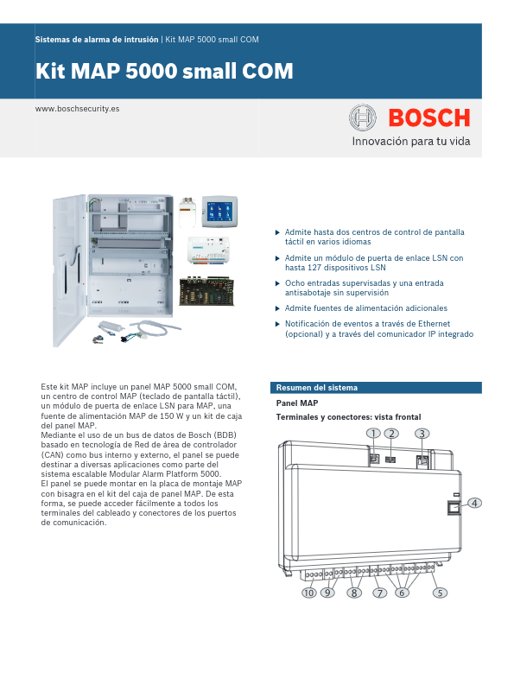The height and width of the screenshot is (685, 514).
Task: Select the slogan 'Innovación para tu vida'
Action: tap(410, 141)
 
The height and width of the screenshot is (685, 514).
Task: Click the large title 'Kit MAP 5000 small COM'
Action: tap(164, 71)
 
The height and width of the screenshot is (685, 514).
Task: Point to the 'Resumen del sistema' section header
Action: tap(316, 388)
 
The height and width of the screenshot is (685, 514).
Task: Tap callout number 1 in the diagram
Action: tap(373, 434)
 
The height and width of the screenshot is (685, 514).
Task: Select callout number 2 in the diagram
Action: tap(392, 434)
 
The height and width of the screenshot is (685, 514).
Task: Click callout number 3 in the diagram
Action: tap(422, 434)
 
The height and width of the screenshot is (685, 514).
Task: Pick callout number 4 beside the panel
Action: tap(475, 503)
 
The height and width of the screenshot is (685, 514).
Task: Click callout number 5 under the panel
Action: tap(440, 593)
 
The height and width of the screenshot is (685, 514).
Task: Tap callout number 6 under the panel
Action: tap(402, 593)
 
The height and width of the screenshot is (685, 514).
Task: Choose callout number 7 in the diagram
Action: tap(379, 593)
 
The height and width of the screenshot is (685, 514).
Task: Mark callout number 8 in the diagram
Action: tap(353, 593)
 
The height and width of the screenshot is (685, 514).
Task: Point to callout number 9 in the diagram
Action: tap(327, 593)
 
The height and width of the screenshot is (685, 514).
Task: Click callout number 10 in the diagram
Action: tap(308, 593)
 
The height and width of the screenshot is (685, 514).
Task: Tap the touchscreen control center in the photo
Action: tap(219, 212)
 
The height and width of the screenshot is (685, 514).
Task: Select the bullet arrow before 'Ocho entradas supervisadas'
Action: tap(277, 282)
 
